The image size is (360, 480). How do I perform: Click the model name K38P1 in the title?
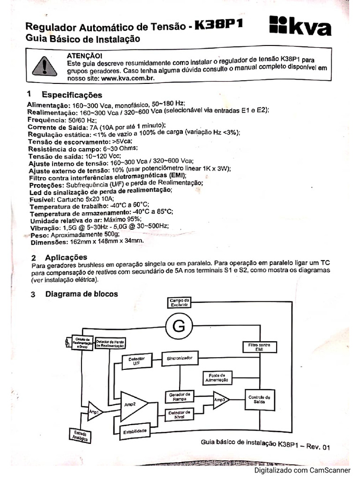tap(218, 25)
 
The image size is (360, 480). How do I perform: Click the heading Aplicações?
tap(66, 257)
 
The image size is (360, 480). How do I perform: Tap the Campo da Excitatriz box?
tap(179, 302)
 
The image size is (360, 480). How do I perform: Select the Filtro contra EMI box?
tap(259, 347)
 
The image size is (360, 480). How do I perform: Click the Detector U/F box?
tap(136, 360)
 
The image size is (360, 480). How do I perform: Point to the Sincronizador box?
tap(180, 358)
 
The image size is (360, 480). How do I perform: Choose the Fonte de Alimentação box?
tap(216, 378)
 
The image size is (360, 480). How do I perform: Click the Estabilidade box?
tap(135, 430)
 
